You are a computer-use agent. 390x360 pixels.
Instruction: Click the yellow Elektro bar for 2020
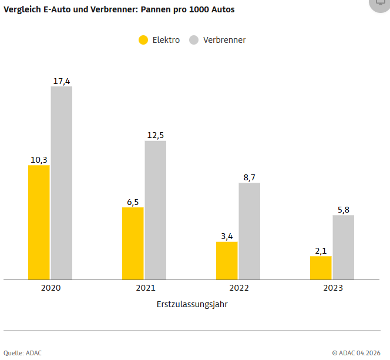click(x=39, y=222)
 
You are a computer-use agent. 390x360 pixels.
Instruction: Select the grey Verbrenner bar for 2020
click(x=62, y=183)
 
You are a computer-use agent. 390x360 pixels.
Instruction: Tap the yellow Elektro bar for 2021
click(x=133, y=243)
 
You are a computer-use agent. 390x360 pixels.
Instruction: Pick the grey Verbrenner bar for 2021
click(x=156, y=210)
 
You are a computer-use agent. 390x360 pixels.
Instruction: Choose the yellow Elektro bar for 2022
click(x=227, y=261)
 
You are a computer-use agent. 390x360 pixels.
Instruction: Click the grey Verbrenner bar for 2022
click(x=250, y=231)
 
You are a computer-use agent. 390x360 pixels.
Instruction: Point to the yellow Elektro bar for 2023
click(x=321, y=268)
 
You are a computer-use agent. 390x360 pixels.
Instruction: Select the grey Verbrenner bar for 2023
click(x=344, y=247)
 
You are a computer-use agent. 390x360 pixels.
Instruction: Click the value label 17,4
click(x=62, y=81)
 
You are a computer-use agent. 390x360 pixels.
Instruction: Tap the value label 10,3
click(x=39, y=160)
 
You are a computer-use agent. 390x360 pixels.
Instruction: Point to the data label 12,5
click(x=156, y=135)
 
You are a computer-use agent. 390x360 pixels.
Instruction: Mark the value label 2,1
click(x=321, y=251)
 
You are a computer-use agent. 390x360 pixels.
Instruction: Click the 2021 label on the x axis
click(x=146, y=288)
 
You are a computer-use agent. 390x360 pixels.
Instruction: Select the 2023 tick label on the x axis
click(x=333, y=288)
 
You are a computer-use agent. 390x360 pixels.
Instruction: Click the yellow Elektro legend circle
click(x=143, y=40)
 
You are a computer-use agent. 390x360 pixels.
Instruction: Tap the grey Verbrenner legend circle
click(x=194, y=40)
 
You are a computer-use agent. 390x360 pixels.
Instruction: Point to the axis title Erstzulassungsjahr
click(x=192, y=305)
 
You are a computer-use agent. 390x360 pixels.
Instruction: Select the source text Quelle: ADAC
click(x=23, y=354)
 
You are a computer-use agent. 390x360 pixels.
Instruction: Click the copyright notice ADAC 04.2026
click(x=356, y=354)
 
